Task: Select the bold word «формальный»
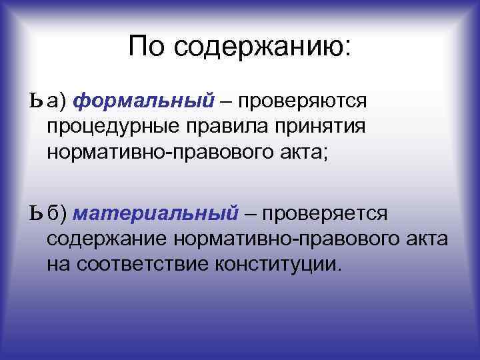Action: point(143,101)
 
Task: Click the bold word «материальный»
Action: point(155,213)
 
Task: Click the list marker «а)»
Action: point(57,101)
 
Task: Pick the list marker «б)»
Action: point(57,213)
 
